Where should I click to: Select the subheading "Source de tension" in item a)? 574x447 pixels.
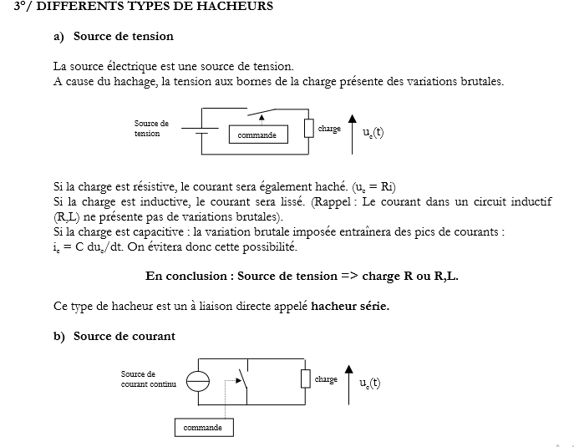point(124,36)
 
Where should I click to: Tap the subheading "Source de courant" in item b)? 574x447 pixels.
point(124,336)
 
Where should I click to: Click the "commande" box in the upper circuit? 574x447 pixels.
point(257,135)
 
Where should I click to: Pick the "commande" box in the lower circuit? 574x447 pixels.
point(203,428)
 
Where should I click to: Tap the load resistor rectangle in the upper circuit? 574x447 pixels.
point(308,128)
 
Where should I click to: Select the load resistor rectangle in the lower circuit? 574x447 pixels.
point(305,378)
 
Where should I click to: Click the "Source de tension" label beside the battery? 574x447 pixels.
point(151,128)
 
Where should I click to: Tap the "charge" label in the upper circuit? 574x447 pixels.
point(329,129)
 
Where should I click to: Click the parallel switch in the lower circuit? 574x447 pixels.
point(242,380)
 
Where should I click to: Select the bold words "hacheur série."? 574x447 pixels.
point(350,306)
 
